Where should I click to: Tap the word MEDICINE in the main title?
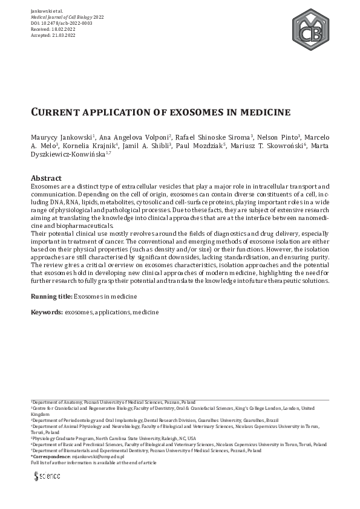point(265,112)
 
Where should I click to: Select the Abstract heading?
point(46,178)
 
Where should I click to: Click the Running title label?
point(51,297)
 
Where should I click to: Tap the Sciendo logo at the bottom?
point(47,476)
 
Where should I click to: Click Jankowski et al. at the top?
point(47,11)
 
